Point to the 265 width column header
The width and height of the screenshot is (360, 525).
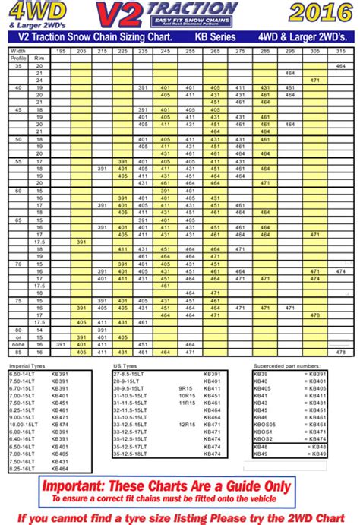point(214,50)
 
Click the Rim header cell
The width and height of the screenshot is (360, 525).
point(39,58)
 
